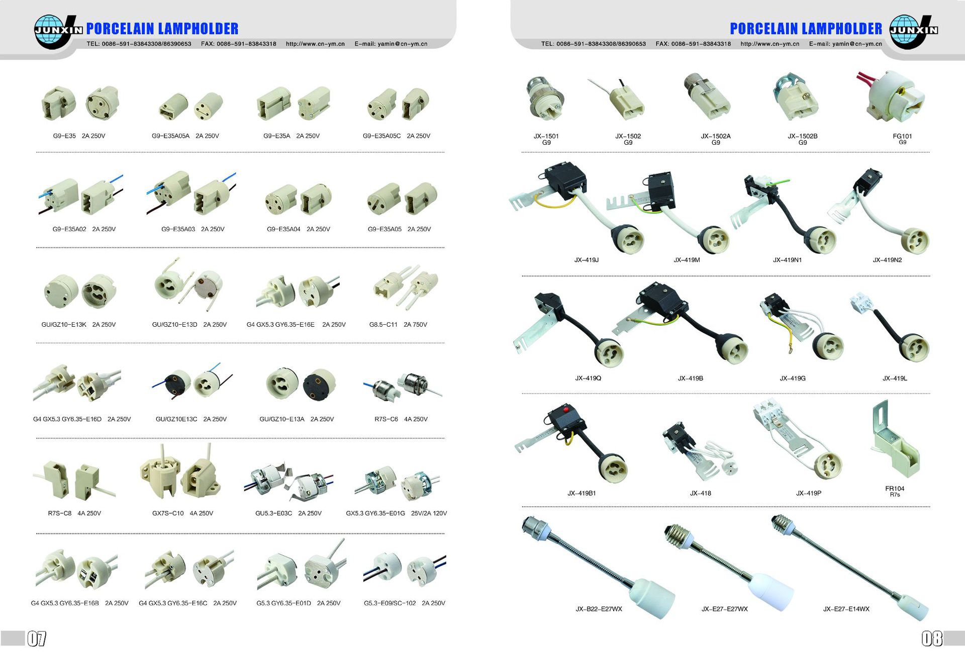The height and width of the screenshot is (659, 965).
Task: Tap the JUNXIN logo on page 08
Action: point(914,31)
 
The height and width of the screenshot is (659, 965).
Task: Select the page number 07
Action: point(37,638)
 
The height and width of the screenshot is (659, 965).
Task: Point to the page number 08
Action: point(932,638)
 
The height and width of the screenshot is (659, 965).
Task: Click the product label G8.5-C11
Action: point(383,325)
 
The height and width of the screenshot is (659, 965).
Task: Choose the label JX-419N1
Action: point(787,260)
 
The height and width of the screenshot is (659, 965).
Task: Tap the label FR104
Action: point(895,488)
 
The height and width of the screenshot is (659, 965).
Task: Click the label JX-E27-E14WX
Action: point(846,609)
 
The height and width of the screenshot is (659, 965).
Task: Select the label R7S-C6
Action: point(386,419)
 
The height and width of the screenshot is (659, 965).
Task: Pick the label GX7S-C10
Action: point(168,513)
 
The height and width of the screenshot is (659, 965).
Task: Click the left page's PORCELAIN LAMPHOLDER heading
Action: point(162,29)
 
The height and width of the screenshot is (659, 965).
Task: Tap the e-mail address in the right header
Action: point(845,44)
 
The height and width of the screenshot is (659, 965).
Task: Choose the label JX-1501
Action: point(546,136)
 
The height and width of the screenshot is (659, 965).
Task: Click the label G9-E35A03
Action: point(178,229)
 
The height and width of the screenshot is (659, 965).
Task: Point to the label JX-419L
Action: point(895,378)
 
